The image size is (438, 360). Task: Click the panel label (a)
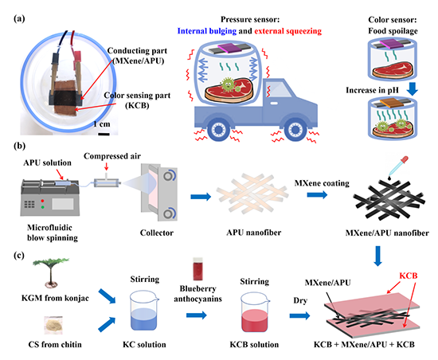[x=19, y=18]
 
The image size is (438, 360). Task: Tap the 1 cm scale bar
[x=104, y=135]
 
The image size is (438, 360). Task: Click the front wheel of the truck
[x=295, y=130]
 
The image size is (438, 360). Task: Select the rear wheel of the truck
[x=217, y=130]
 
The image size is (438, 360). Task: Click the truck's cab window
[x=277, y=90]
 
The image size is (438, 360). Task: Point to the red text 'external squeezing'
[x=287, y=31]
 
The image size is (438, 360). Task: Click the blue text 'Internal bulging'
[x=207, y=31]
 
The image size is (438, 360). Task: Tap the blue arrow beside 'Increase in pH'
[x=412, y=88]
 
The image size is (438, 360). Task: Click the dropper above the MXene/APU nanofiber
[x=398, y=166]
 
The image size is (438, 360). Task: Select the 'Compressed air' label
[x=112, y=156]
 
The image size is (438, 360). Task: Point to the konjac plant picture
[x=50, y=272]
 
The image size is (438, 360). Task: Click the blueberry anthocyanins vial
[x=197, y=268]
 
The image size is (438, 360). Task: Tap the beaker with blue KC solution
[x=144, y=310]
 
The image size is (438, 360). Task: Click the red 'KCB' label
[x=408, y=276]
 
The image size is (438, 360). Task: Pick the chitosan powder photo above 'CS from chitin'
[x=54, y=325]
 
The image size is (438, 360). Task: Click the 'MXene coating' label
[x=322, y=183]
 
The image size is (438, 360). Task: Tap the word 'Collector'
[x=157, y=233]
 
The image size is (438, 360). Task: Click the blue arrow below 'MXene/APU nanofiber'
[x=378, y=256]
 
